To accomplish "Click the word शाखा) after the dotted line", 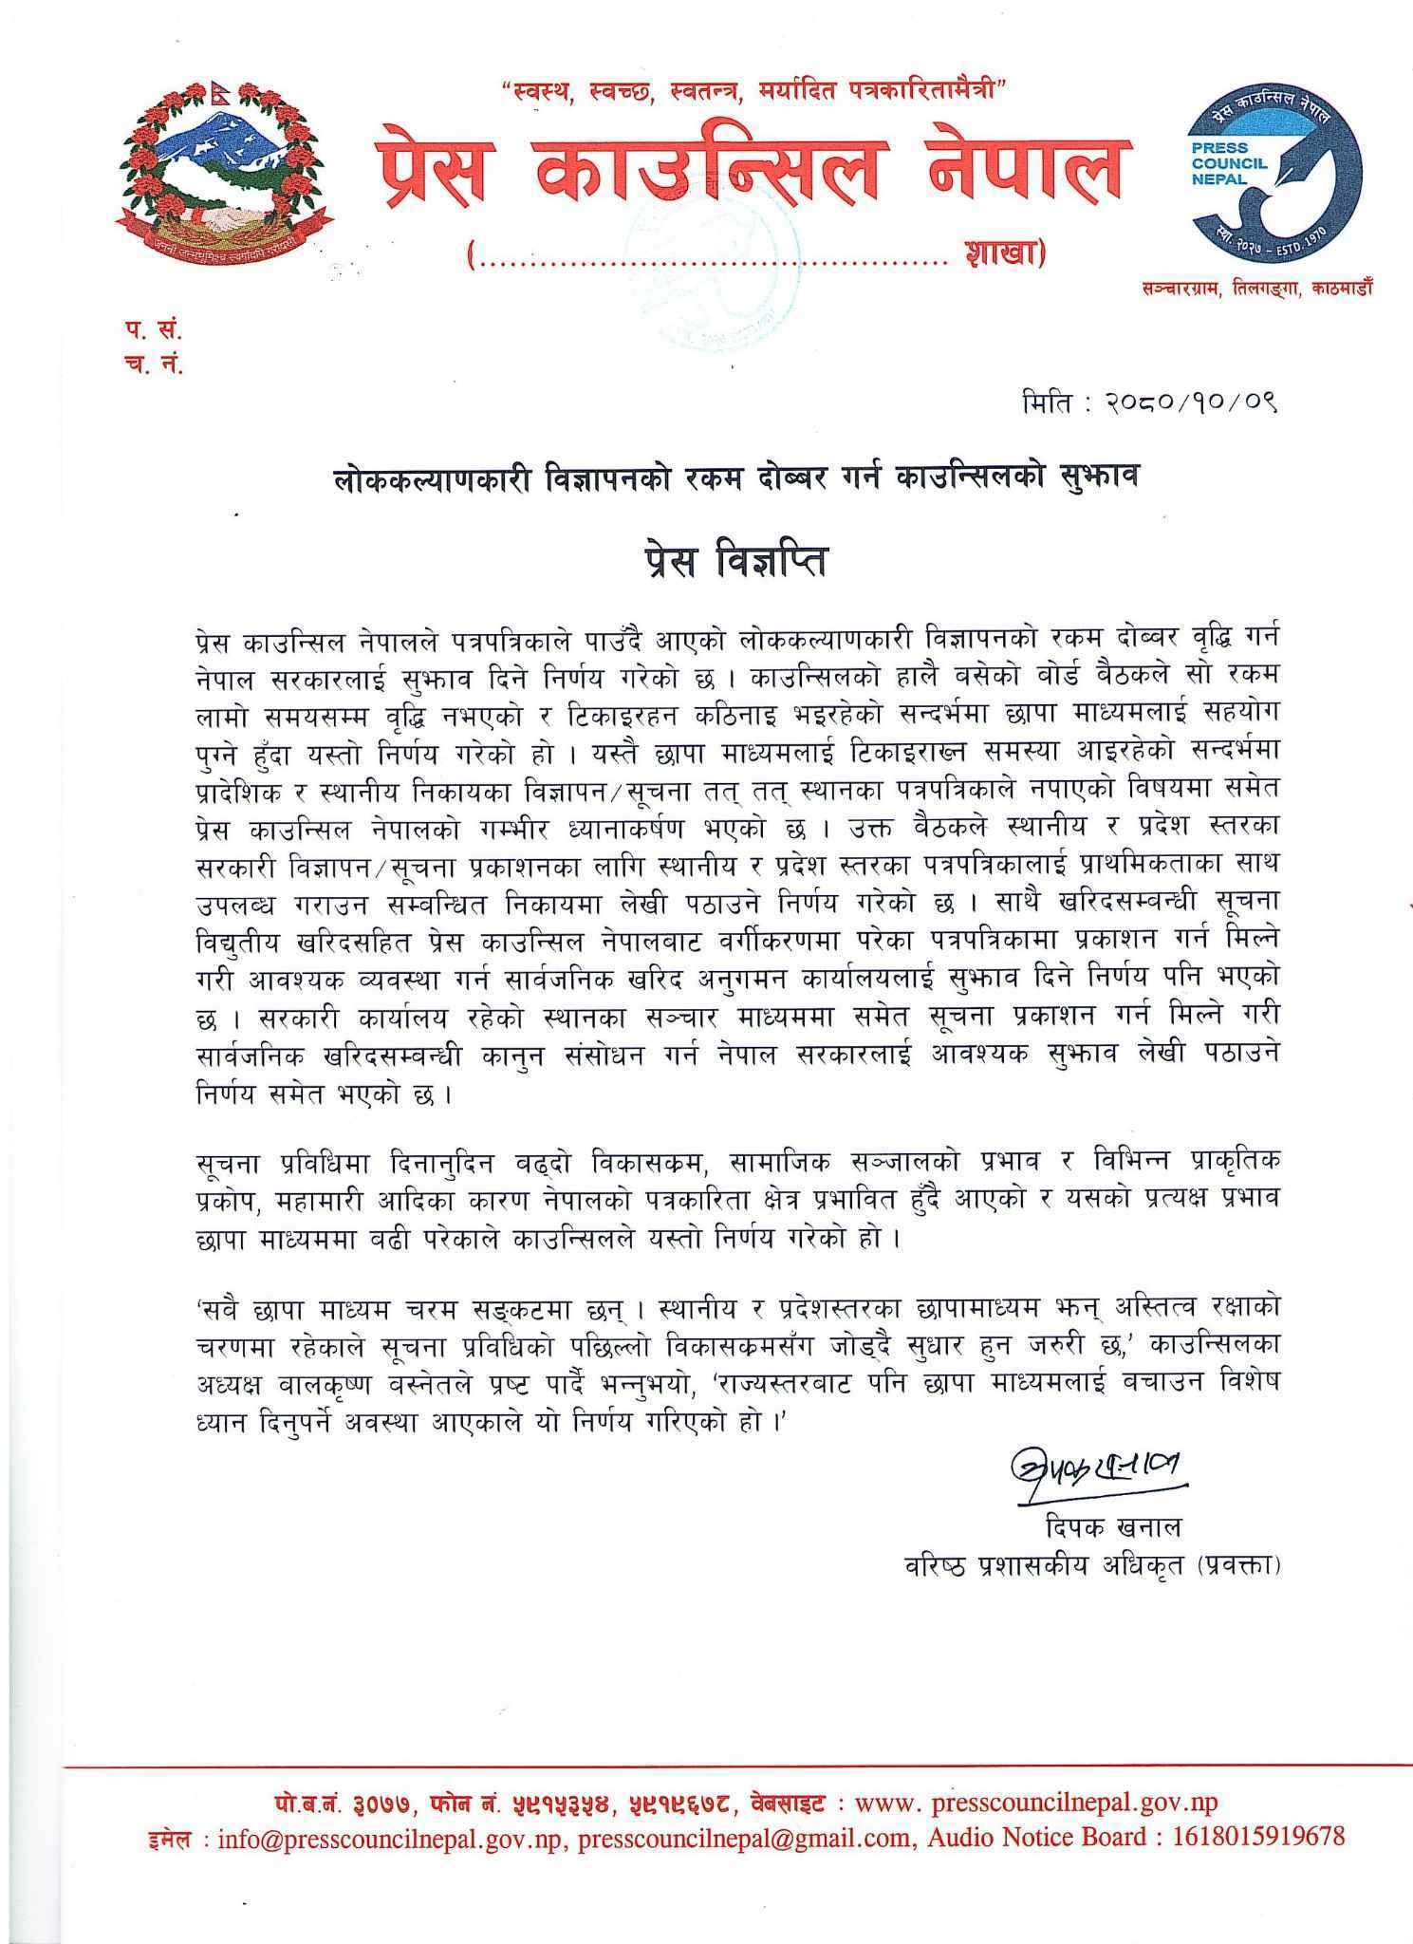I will tap(1002, 254).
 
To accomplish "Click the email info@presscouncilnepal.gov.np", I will tap(393, 1837).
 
